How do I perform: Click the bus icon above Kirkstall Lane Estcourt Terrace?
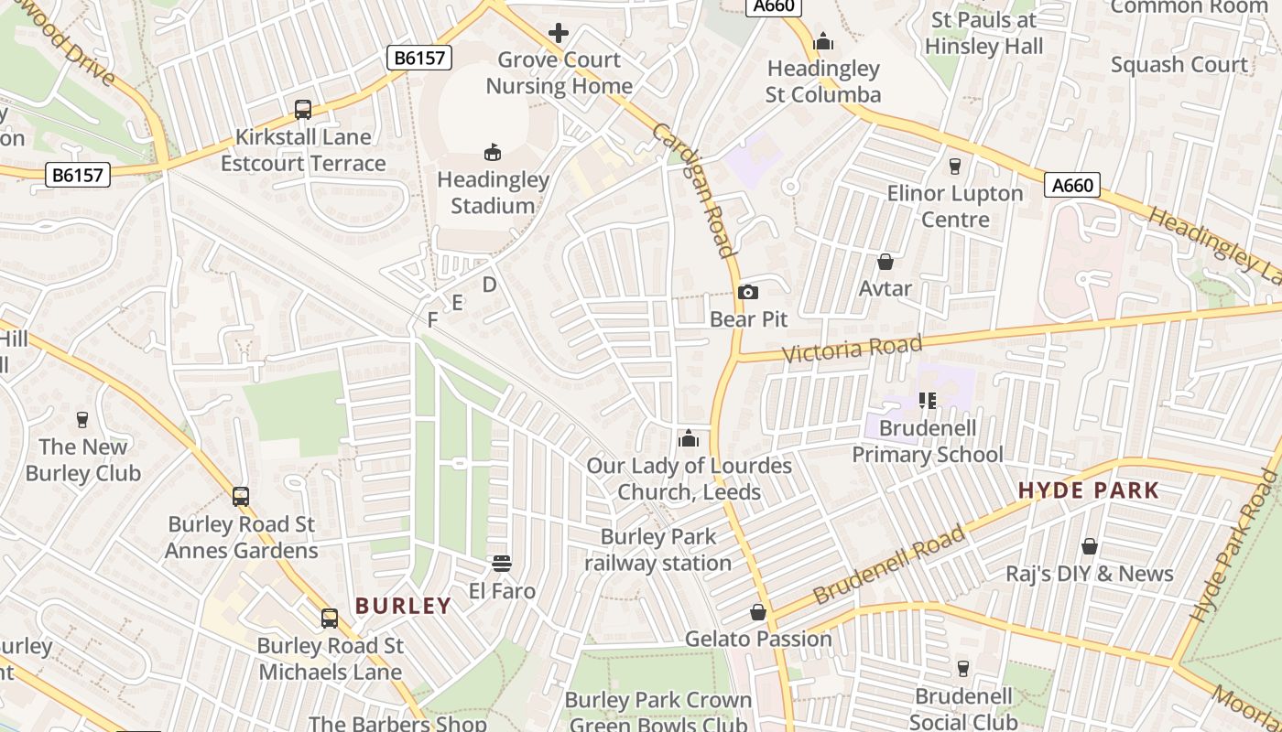pyautogui.click(x=303, y=110)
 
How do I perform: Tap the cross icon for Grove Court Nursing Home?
pyautogui.click(x=559, y=34)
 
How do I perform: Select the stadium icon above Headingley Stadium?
pyautogui.click(x=493, y=152)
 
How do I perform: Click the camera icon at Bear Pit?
pyautogui.click(x=748, y=292)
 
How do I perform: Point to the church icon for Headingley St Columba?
pyautogui.click(x=823, y=41)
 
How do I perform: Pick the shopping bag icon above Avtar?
pyautogui.click(x=885, y=262)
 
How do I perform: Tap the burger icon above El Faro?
pyautogui.click(x=502, y=563)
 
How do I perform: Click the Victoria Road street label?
pyautogui.click(x=853, y=349)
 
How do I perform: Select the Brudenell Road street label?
pyautogui.click(x=888, y=565)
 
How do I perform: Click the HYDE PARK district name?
pyautogui.click(x=1089, y=490)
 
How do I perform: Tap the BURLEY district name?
pyautogui.click(x=403, y=606)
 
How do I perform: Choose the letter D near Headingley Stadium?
pyautogui.click(x=489, y=285)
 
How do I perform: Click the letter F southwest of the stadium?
pyautogui.click(x=433, y=319)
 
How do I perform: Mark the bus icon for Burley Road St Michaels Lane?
pyautogui.click(x=330, y=619)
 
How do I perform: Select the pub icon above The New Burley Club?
pyautogui.click(x=82, y=420)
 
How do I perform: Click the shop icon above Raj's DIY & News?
pyautogui.click(x=1090, y=546)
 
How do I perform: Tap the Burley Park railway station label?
pyautogui.click(x=657, y=550)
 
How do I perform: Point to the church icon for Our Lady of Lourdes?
pyautogui.click(x=689, y=439)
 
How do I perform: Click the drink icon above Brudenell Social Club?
pyautogui.click(x=962, y=669)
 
